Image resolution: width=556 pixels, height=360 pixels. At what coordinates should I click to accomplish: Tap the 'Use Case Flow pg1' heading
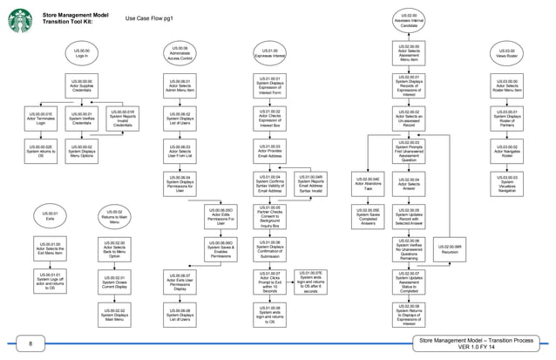154,17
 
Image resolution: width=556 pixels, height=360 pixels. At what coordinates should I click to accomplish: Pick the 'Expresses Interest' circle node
271,53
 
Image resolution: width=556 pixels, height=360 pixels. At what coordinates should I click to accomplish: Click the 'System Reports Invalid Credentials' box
123,119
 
